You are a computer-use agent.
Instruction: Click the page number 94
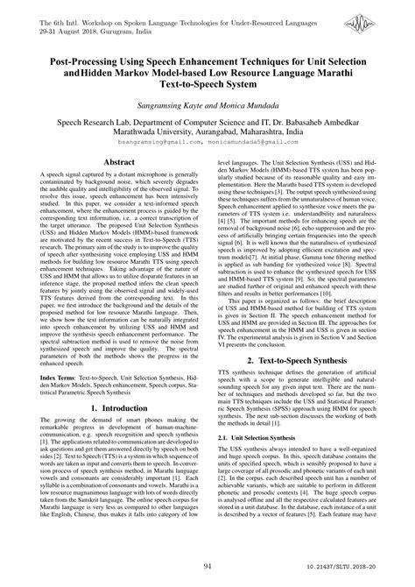(x=207, y=568)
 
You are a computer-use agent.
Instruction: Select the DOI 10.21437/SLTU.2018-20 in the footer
(x=356, y=569)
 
